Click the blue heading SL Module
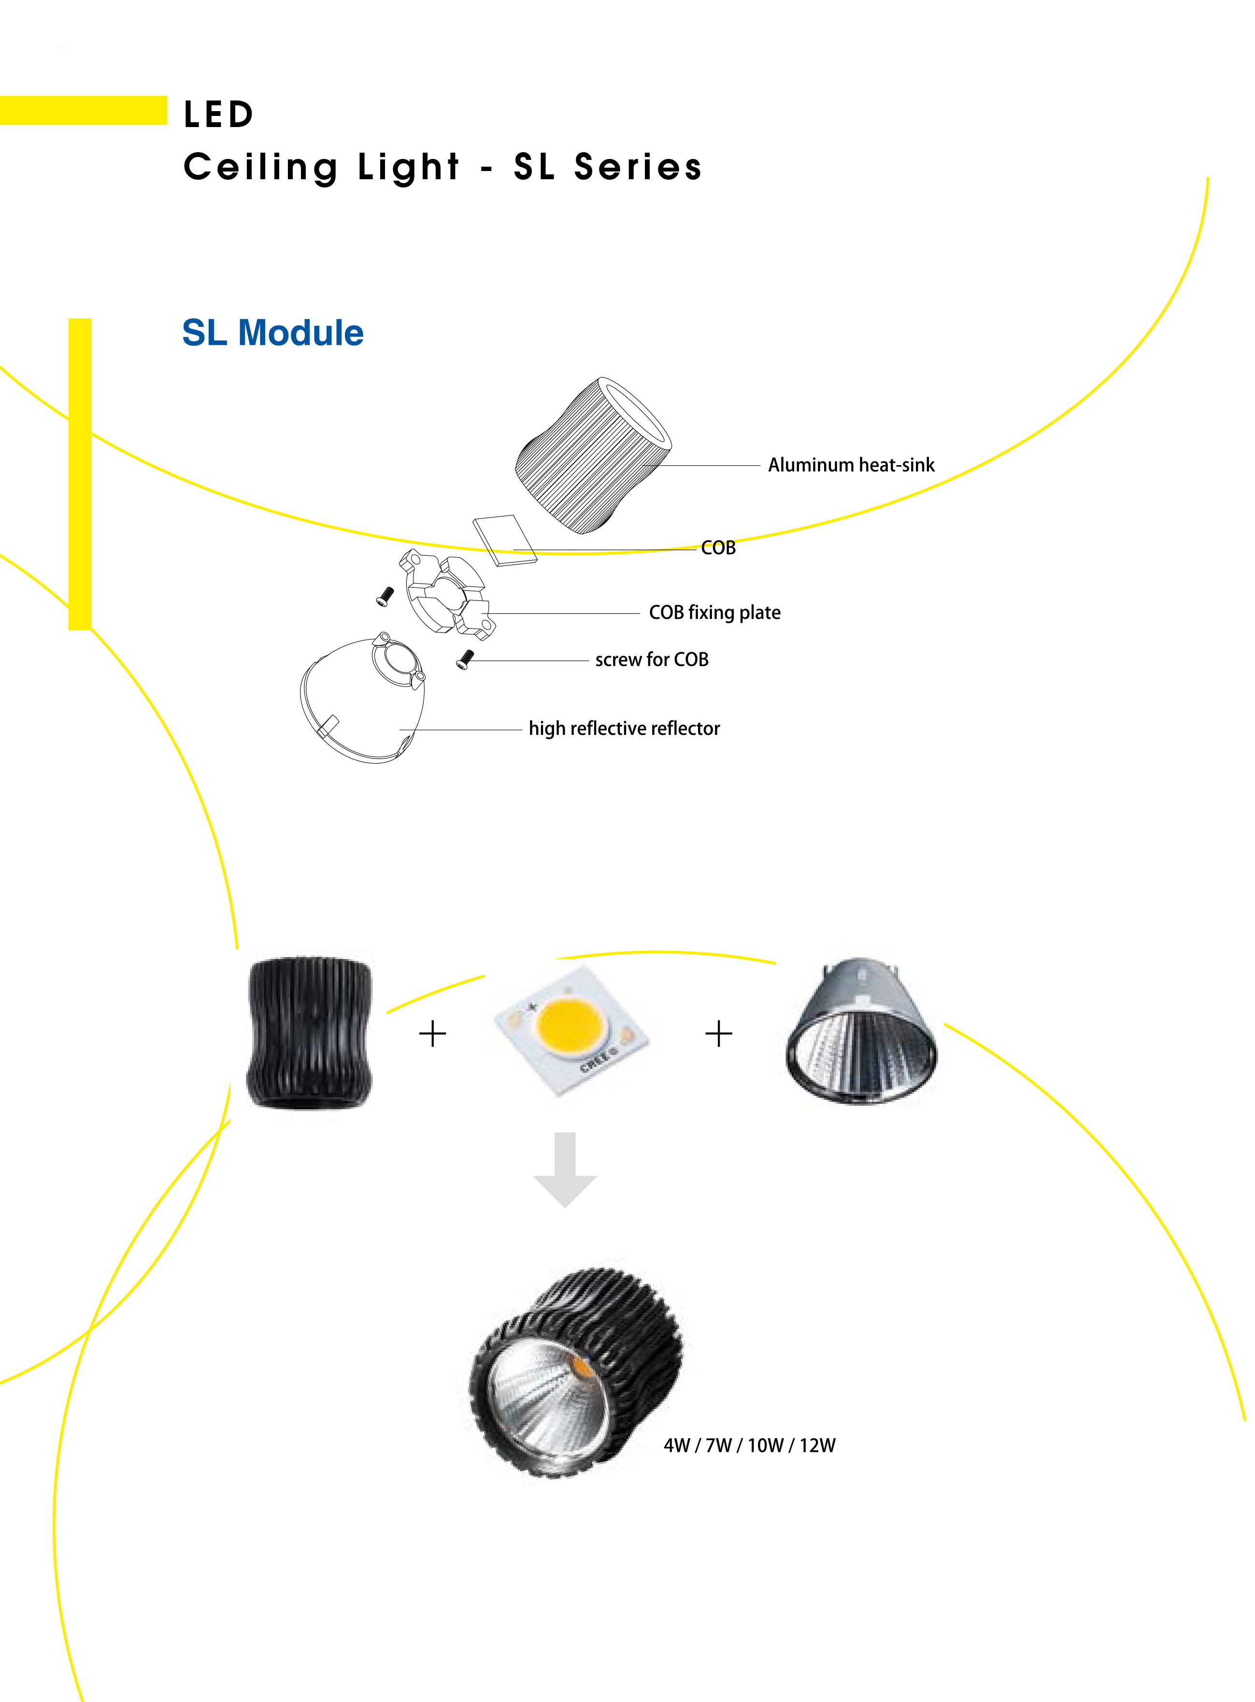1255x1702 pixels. [x=273, y=333]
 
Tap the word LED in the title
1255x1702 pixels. [x=219, y=114]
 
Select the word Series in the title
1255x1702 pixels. [x=638, y=167]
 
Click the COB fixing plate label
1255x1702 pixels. [x=714, y=613]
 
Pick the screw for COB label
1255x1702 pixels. [x=652, y=659]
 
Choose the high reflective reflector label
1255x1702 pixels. [x=624, y=729]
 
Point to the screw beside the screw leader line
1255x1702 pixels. [x=464, y=659]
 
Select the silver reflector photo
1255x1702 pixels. [x=861, y=1030]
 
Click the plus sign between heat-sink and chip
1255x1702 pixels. [x=433, y=1034]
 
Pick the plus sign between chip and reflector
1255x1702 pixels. [x=719, y=1034]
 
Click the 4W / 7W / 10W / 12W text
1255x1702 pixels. [x=749, y=1445]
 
